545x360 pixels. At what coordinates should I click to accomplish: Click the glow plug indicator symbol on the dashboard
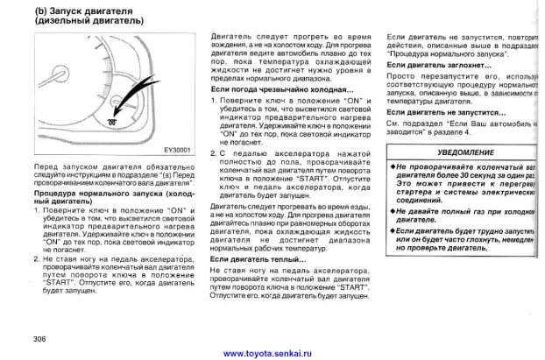click(109, 121)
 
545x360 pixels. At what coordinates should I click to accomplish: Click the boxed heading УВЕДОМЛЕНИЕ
click(463, 152)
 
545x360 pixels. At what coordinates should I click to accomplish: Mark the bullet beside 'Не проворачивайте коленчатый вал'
click(392, 166)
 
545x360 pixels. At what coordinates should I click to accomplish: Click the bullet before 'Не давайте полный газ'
click(392, 212)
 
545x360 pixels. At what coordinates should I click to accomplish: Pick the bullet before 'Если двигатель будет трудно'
click(392, 229)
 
